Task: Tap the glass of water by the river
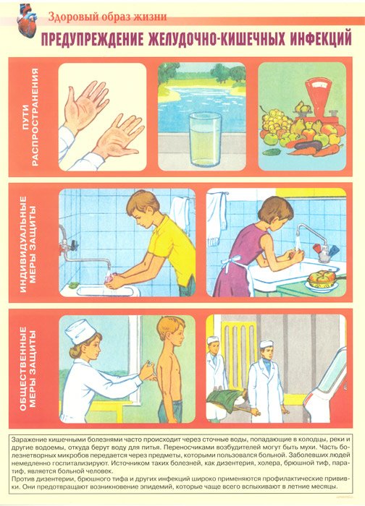pos(205,139)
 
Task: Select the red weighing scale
pos(319,100)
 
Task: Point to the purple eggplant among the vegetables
pos(308,147)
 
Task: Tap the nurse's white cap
pos(80,330)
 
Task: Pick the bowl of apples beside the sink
pos(322,280)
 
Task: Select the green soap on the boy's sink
pos(74,286)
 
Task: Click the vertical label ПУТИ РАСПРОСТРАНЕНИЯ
pos(30,117)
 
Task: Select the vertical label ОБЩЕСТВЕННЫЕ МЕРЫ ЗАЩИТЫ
pos(27,369)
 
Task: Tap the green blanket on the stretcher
pos(225,400)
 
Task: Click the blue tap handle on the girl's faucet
pos(334,249)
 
